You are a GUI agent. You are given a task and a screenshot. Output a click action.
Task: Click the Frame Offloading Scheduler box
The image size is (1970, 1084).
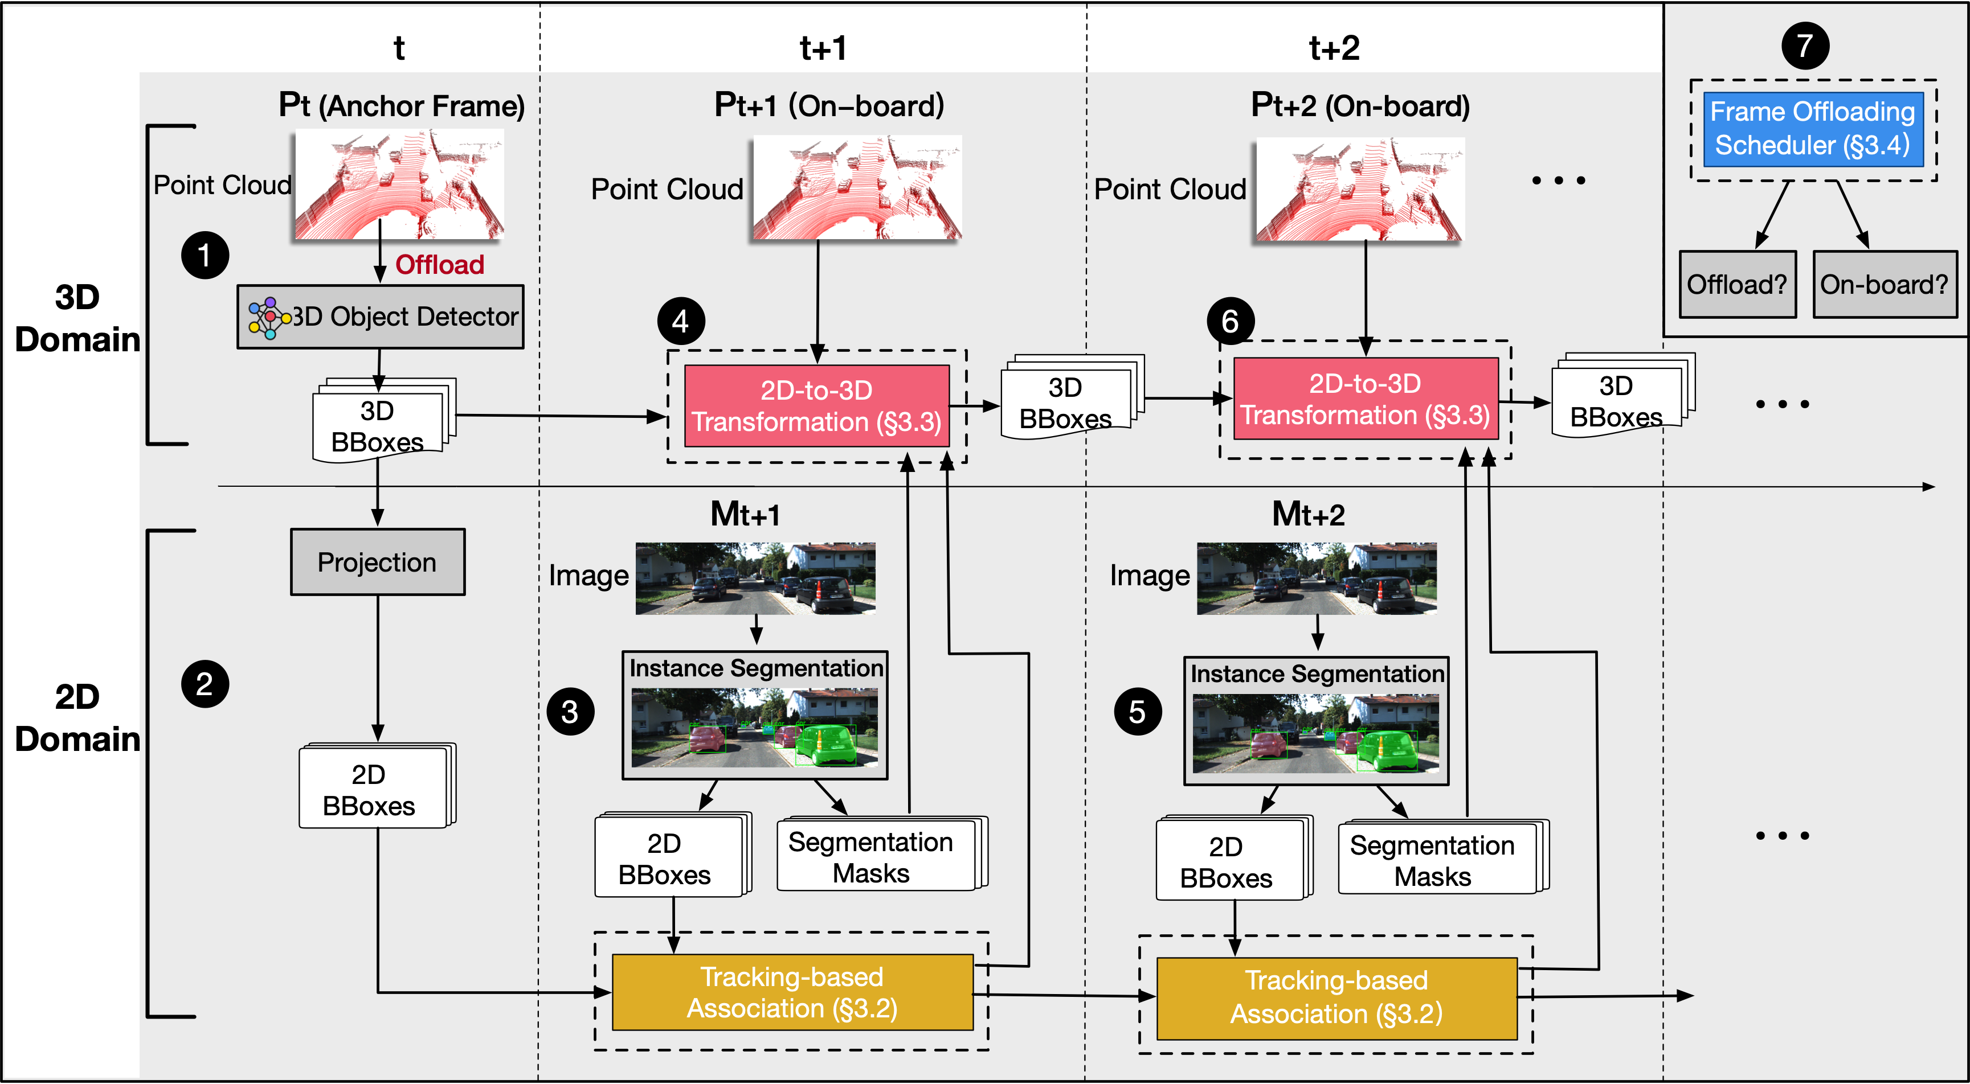coord(1812,129)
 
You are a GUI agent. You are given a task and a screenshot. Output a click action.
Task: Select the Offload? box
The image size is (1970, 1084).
coord(1737,284)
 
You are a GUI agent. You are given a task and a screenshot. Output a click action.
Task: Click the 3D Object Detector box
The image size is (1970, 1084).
coord(380,317)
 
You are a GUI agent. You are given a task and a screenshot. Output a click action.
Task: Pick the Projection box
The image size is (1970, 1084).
coord(377,562)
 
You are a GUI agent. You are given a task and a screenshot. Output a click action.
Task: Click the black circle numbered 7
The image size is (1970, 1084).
coord(1805,46)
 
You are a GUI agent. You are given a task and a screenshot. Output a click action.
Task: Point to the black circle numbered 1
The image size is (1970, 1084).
coord(204,254)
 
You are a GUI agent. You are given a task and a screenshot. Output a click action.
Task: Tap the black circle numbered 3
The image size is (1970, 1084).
coord(570,712)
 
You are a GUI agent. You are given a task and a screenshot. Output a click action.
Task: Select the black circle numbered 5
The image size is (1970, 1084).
coord(1137,712)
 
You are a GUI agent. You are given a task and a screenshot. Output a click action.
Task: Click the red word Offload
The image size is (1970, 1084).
coord(440,265)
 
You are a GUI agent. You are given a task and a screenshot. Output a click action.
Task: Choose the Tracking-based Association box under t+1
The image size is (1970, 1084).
coord(792,992)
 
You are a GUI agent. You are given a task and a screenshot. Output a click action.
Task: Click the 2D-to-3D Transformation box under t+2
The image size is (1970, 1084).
coord(1365,399)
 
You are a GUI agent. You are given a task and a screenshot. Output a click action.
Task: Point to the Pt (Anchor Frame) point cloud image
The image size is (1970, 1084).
coord(398,184)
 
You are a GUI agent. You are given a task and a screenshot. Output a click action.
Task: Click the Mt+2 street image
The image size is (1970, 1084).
coord(1316,578)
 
